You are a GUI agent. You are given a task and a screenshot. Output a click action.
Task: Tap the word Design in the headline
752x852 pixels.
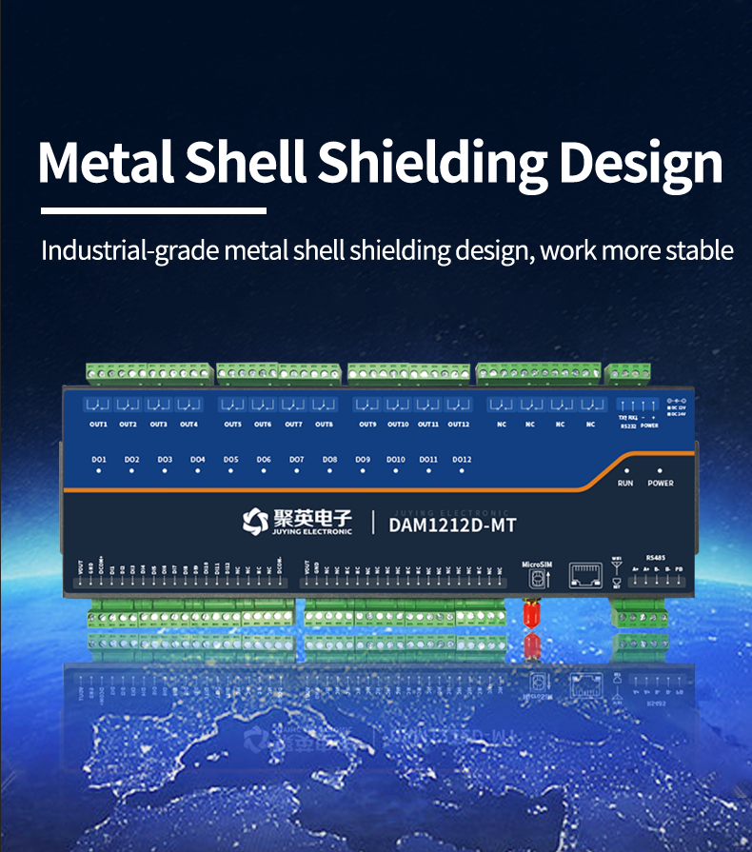click(641, 164)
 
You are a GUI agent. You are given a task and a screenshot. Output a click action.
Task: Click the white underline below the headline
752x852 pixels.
click(153, 210)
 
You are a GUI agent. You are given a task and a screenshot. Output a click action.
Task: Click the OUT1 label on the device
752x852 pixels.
click(98, 425)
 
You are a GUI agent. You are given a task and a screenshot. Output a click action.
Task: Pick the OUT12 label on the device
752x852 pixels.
click(458, 425)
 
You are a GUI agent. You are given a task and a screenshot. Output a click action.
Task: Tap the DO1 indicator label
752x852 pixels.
click(99, 460)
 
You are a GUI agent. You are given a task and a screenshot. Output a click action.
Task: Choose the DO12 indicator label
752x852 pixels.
click(462, 460)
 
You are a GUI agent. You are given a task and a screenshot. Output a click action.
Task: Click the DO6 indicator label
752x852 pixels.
click(264, 460)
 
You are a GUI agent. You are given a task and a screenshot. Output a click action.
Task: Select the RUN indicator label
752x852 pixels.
click(625, 484)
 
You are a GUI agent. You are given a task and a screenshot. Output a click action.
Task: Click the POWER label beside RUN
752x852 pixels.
click(661, 484)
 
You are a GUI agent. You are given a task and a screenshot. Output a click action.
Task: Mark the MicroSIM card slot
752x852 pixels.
click(538, 577)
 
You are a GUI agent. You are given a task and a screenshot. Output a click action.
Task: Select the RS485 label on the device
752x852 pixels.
click(656, 556)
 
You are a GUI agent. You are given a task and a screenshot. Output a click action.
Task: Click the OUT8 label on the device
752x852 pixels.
click(324, 425)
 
